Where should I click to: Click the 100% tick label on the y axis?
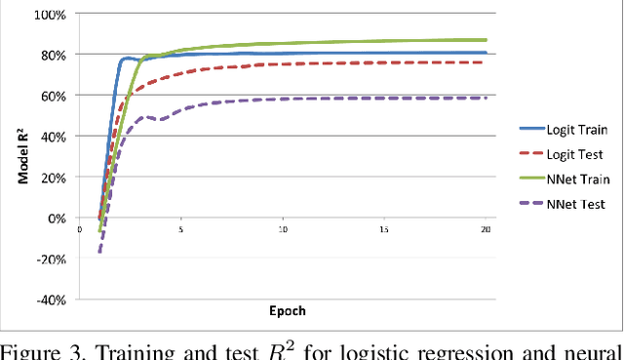pos(49,15)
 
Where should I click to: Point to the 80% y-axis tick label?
pos(51,55)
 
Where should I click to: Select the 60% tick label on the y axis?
pos(51,96)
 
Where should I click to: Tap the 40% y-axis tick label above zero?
pos(51,137)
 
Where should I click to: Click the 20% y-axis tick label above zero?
pos(51,178)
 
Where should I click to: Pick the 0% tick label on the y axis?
pos(55,219)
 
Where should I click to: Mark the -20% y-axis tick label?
pos(49,259)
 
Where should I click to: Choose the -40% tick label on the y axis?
pos(49,300)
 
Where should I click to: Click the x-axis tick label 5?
pos(180,230)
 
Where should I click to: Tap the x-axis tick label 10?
pos(282,230)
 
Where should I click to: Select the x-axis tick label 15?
pos(384,230)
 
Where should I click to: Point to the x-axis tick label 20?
pos(485,230)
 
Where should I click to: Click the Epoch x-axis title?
pos(287,311)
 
